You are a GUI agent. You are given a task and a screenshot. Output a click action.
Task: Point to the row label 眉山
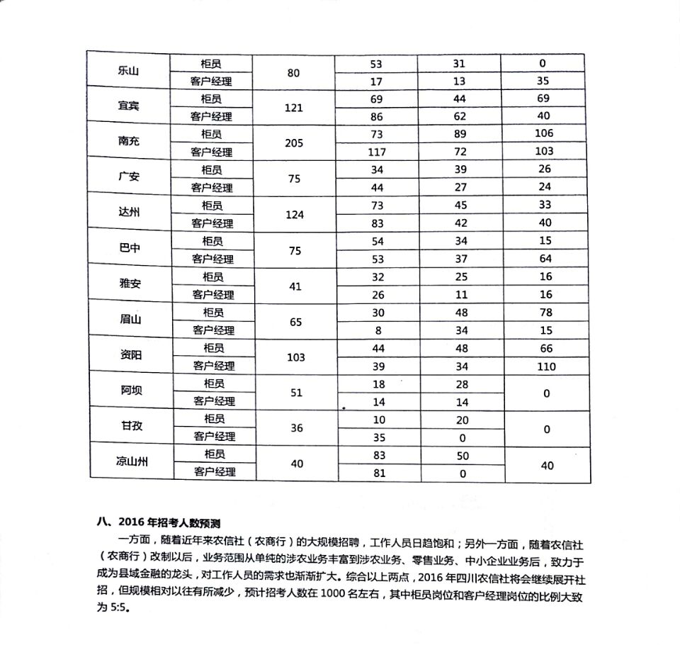[130, 319]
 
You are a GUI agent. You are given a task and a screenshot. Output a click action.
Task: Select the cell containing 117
[376, 152]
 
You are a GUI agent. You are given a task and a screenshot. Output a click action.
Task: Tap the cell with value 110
[546, 366]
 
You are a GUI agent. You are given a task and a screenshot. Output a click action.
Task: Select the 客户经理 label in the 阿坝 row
[212, 401]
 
